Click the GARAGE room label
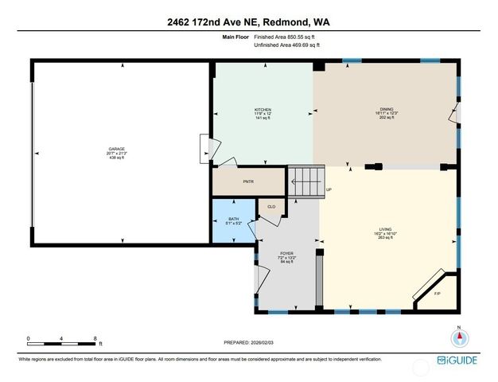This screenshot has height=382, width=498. point(118,149)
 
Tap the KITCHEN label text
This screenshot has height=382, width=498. point(263,109)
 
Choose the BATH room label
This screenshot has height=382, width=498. point(233,219)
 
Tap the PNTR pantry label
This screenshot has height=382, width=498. point(247,181)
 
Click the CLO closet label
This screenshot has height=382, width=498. point(270,207)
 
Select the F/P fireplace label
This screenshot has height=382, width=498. point(437,294)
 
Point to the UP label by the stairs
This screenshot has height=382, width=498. point(329,189)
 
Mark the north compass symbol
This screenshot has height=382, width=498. point(458,337)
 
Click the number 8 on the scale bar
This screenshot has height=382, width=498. point(95,339)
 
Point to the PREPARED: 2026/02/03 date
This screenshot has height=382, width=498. point(248,342)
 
